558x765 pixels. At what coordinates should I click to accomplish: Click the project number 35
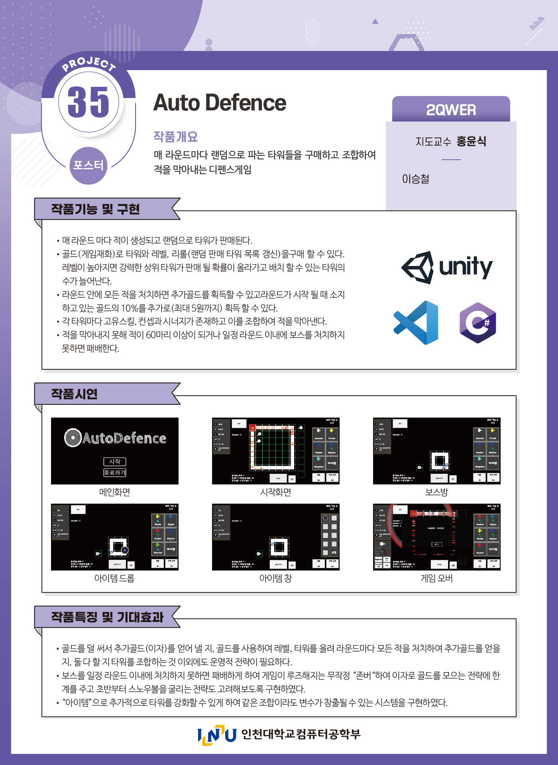88,102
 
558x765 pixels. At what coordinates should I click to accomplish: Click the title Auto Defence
220,103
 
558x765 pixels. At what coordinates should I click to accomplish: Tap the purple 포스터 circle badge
88,165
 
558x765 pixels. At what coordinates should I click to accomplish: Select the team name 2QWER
451,110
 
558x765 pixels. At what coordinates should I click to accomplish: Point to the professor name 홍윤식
472,141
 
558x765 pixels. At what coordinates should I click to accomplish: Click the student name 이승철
415,179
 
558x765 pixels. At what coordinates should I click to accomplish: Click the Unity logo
447,267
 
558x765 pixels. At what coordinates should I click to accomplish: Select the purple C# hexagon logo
477,323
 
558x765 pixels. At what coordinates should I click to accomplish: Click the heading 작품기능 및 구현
95,209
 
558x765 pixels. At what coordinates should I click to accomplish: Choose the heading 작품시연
74,394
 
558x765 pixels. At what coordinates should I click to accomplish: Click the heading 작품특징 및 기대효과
107,617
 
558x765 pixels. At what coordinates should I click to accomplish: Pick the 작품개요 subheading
175,137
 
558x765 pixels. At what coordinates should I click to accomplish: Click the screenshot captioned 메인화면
115,451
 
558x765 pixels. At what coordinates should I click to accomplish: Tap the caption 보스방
436,492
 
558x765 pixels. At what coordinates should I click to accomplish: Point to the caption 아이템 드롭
114,578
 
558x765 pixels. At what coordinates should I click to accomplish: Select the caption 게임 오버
436,578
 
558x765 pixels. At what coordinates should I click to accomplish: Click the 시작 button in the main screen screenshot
115,461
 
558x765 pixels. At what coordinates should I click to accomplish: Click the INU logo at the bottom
217,734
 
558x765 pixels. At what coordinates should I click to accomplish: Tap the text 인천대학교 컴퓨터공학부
301,734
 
